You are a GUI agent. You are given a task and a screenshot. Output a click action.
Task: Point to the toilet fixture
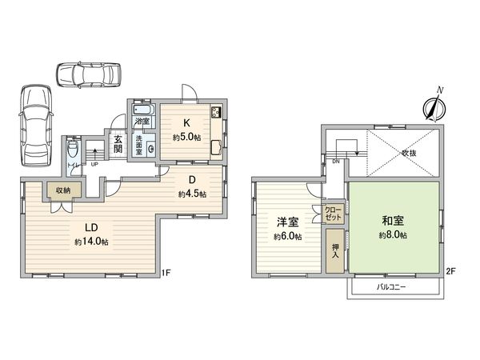(x=73, y=150)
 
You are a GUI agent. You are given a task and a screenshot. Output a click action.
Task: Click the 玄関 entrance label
(x=118, y=143)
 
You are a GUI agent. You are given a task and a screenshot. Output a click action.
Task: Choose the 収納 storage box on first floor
(x=62, y=190)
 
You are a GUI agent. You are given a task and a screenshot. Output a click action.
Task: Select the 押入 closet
(x=334, y=252)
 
